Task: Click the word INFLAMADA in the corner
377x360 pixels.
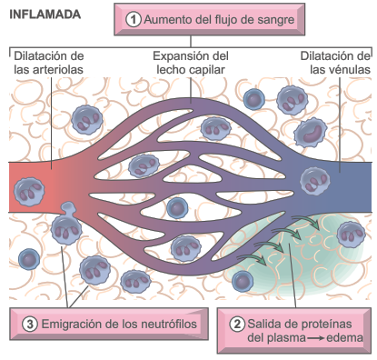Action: (x=45, y=15)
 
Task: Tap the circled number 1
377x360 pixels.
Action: (x=134, y=18)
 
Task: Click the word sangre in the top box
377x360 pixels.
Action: (x=272, y=18)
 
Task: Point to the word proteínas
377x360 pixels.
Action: (x=327, y=323)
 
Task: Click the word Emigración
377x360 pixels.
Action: (x=72, y=323)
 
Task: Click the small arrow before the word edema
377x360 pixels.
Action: (x=313, y=339)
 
